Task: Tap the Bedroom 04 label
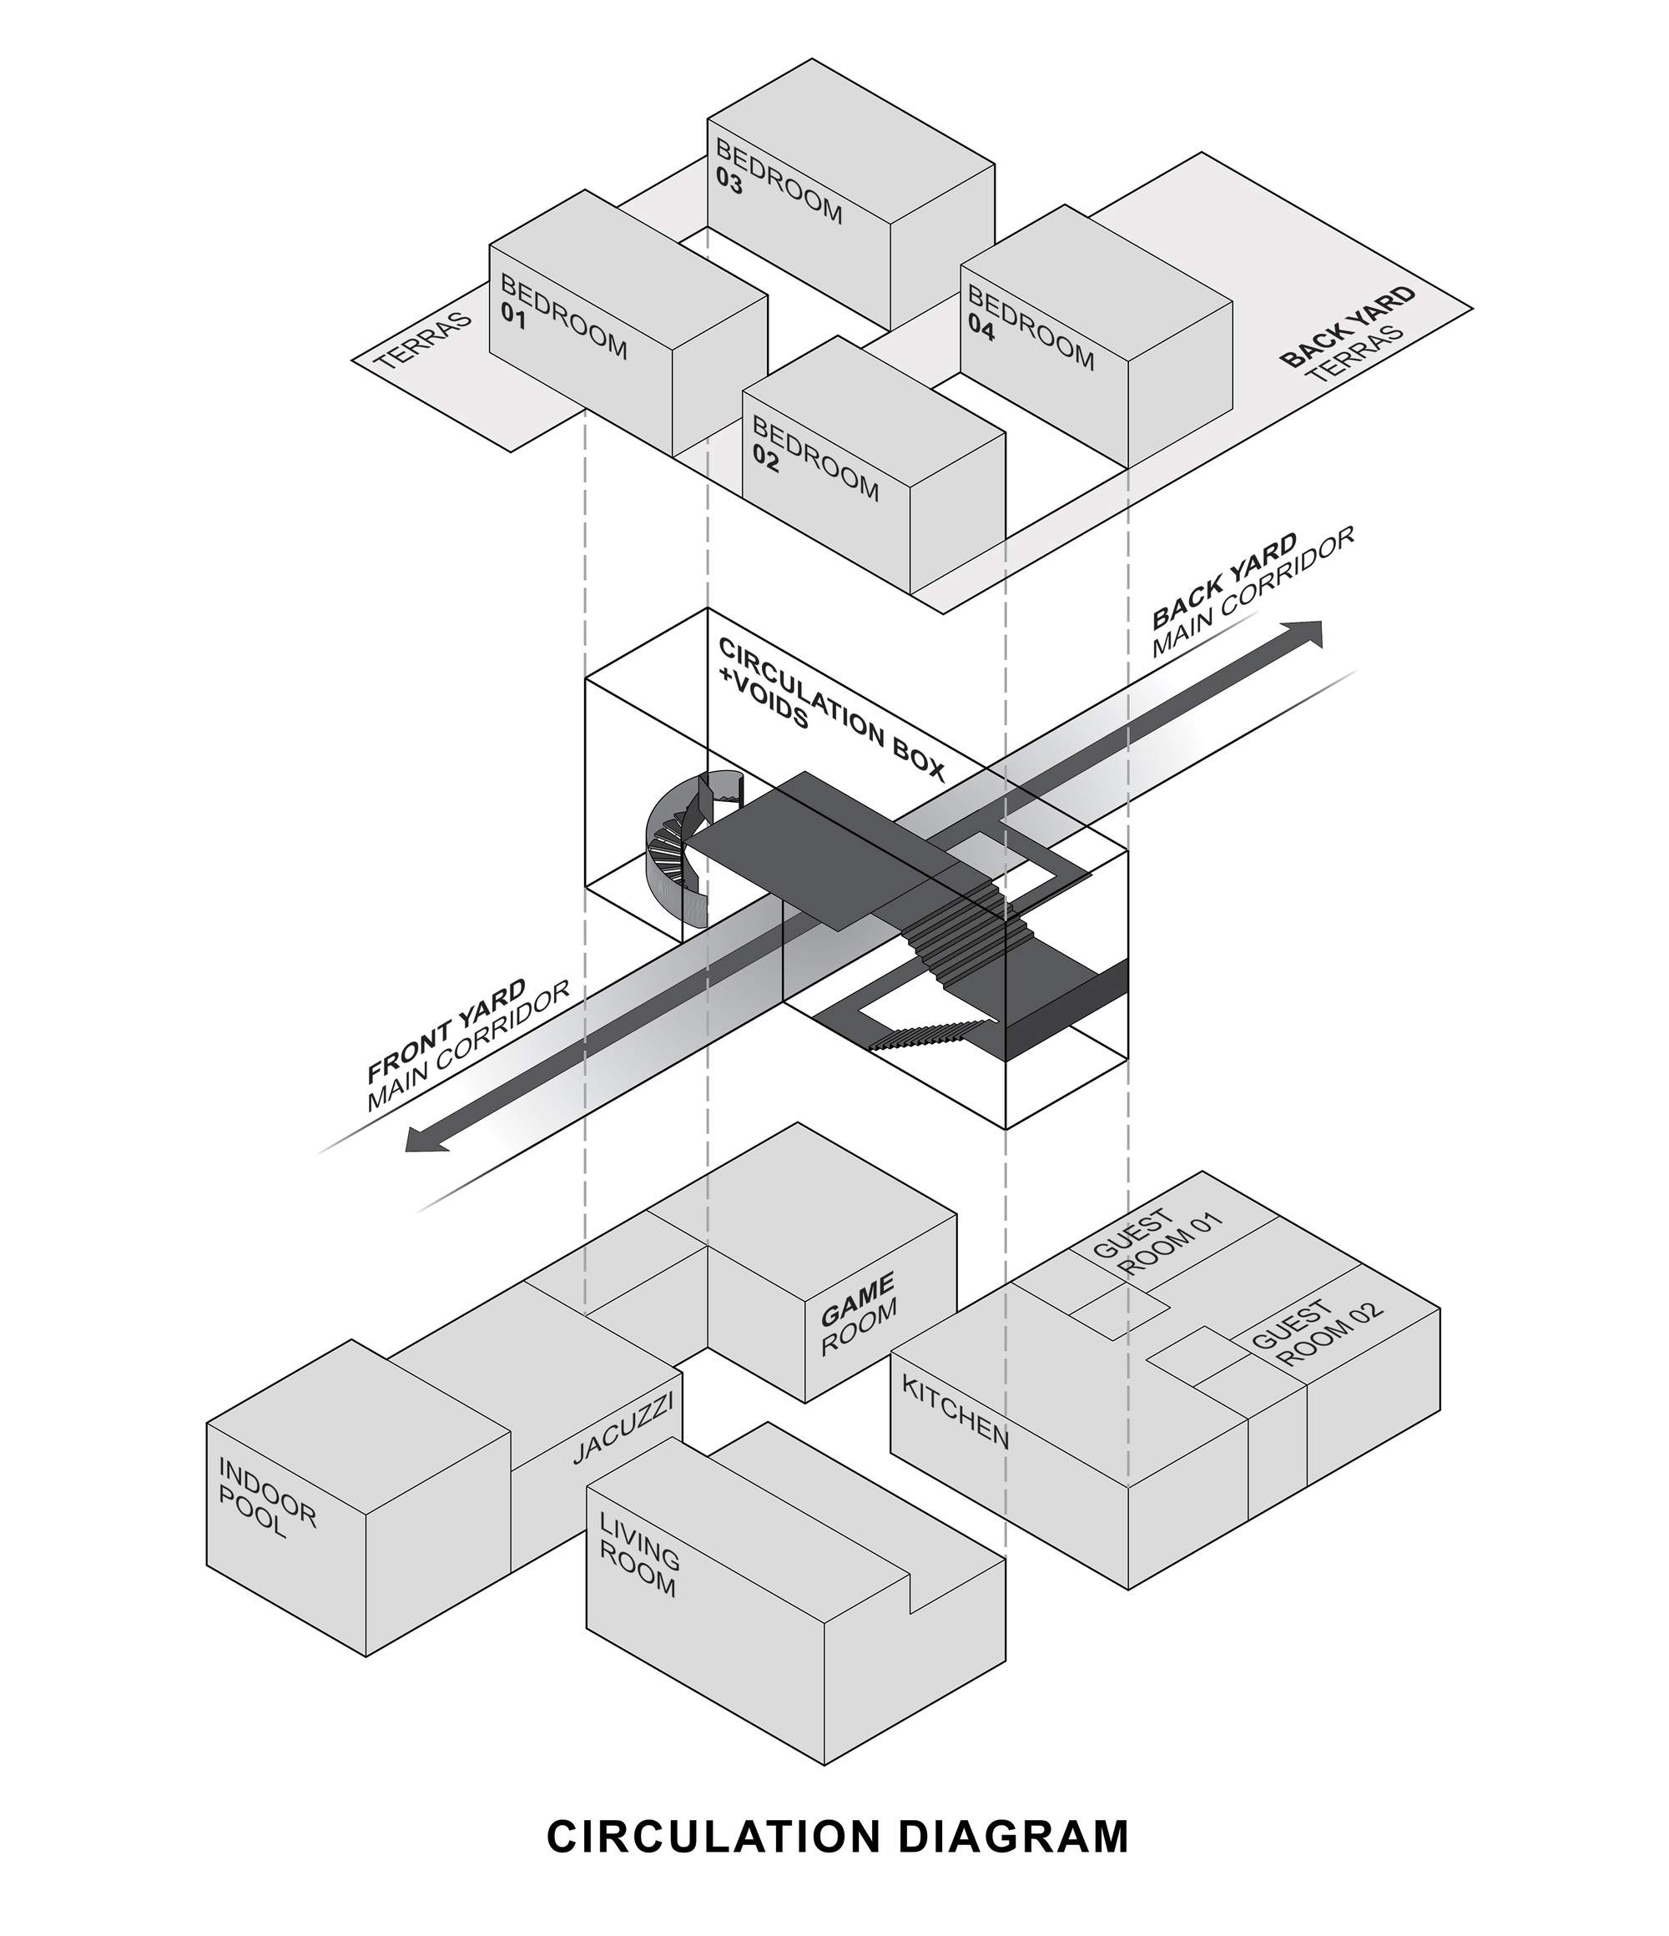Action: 1029,328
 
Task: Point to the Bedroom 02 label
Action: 814,459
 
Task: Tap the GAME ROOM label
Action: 858,1312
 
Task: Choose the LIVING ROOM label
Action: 639,1555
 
